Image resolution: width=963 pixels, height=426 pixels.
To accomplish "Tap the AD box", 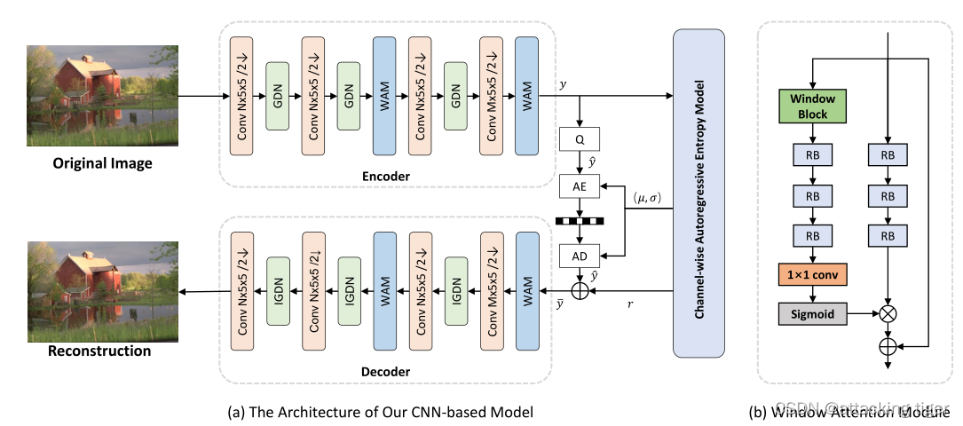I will (580, 255).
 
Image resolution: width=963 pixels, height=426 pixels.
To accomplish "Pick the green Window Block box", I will (812, 106).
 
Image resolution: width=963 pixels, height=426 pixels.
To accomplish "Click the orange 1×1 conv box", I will (812, 276).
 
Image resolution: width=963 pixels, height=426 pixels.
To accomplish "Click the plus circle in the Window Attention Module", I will (888, 343).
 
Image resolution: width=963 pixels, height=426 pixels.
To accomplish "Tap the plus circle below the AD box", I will (580, 289).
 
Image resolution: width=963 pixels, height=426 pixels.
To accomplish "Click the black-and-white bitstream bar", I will (580, 221).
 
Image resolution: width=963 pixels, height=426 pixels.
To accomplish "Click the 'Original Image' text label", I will (102, 163).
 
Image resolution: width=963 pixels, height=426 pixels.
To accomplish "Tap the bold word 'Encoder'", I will (386, 176).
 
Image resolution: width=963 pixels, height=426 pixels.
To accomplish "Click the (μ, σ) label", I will (645, 194).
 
